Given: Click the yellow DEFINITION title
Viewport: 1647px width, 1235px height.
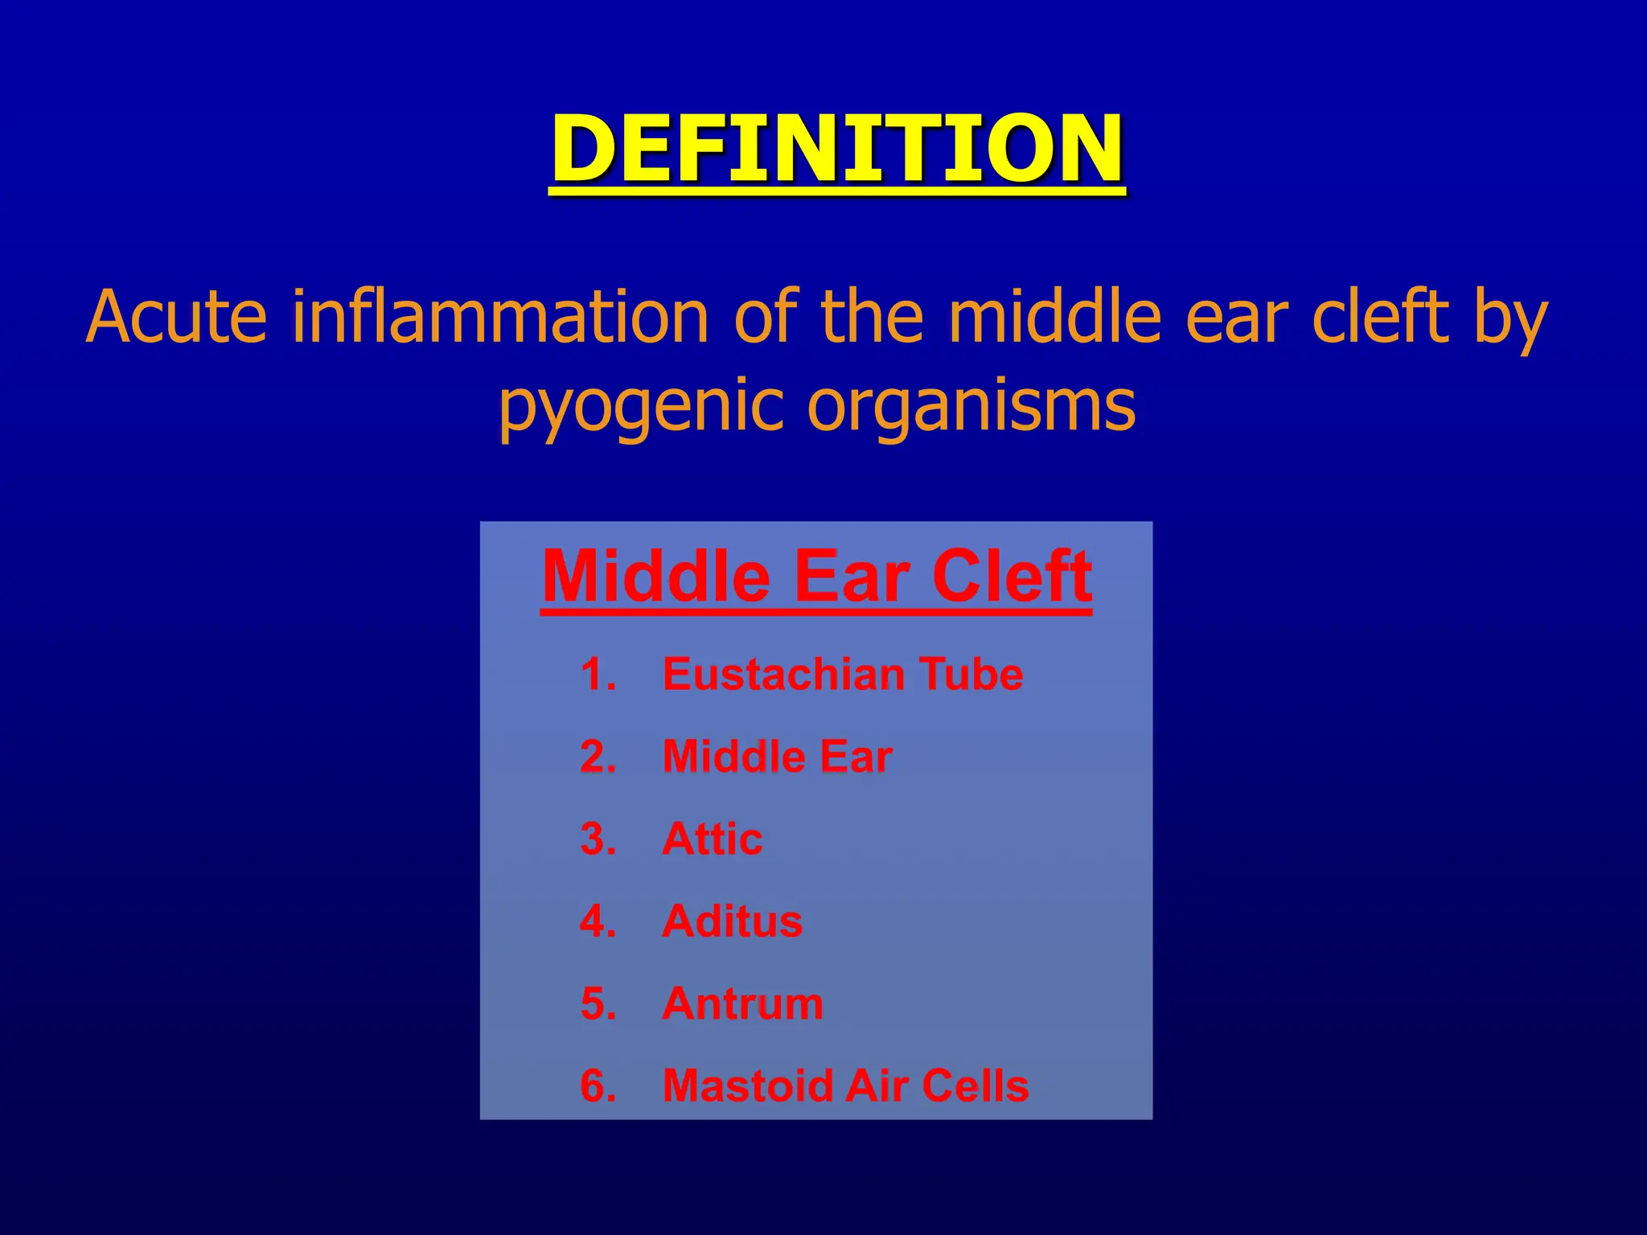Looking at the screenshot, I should (x=836, y=150).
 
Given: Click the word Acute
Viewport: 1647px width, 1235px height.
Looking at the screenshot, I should (x=176, y=317).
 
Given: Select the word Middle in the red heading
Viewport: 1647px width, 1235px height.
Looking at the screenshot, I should (x=656, y=576).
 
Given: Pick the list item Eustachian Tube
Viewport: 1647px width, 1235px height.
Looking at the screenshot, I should (x=842, y=674).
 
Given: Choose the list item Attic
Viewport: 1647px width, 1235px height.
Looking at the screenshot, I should (x=712, y=839).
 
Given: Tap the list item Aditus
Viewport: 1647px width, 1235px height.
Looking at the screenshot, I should (x=732, y=921).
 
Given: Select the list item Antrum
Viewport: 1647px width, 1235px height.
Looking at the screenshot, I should (x=742, y=1003).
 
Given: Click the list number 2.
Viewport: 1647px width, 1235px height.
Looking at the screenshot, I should (x=598, y=757).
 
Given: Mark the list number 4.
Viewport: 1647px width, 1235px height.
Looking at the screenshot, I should (x=598, y=921).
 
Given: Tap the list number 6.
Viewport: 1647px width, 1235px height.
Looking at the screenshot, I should (x=598, y=1086).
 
